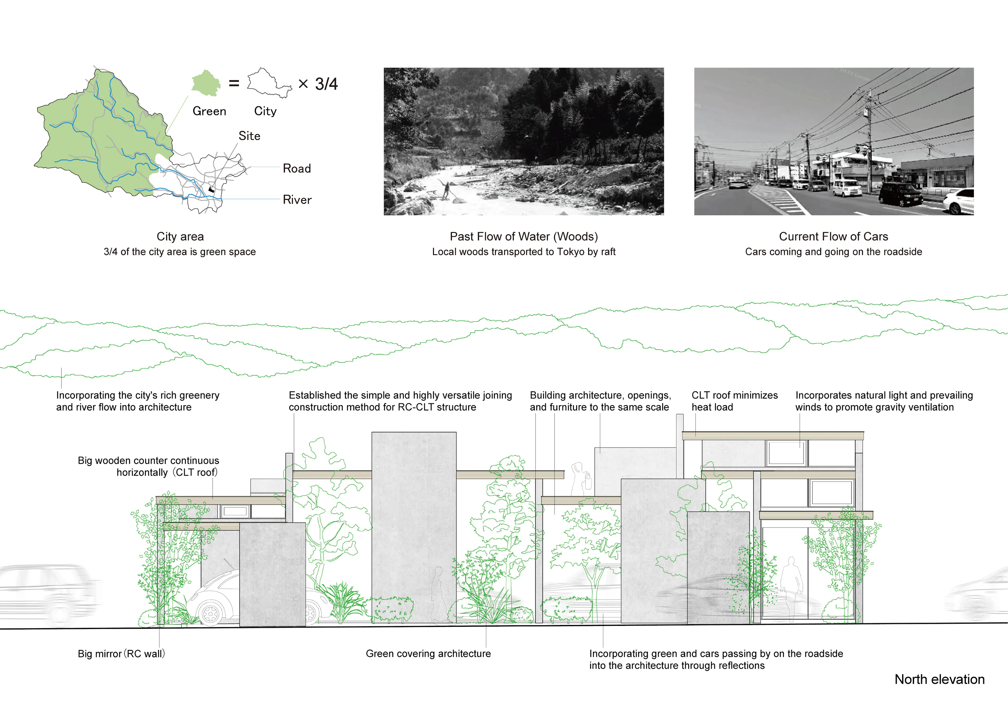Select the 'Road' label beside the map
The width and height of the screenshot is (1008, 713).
[297, 168]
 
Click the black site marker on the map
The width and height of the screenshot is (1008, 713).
[211, 190]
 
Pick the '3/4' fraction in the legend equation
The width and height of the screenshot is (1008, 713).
[326, 84]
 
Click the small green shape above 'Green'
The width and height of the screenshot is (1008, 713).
[206, 83]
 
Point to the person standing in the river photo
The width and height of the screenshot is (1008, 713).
[447, 190]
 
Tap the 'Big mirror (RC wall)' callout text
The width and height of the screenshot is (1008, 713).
[122, 654]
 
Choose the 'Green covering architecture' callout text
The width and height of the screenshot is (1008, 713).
[428, 654]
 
